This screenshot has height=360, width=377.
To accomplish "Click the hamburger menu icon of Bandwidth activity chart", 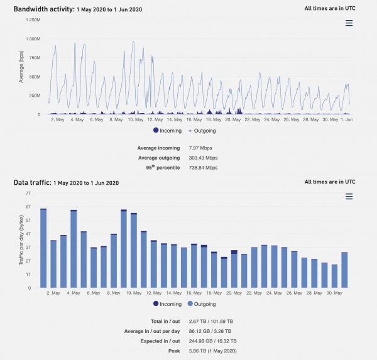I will [x=349, y=23].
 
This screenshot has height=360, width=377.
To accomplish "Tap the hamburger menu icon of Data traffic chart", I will [x=349, y=197].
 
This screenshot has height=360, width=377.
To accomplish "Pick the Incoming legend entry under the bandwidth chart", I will [x=167, y=131].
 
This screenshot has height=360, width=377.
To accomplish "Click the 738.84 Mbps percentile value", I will [x=203, y=168].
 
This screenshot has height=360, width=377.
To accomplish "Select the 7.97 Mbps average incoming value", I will [x=200, y=148].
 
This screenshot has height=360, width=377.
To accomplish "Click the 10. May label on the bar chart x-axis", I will [x=133, y=293].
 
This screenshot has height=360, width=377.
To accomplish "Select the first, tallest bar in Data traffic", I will [x=43, y=248].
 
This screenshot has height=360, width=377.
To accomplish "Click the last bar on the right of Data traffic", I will [x=344, y=270].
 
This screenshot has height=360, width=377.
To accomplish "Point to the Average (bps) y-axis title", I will [x=22, y=67].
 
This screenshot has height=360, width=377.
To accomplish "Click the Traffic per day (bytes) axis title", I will [x=22, y=240].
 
